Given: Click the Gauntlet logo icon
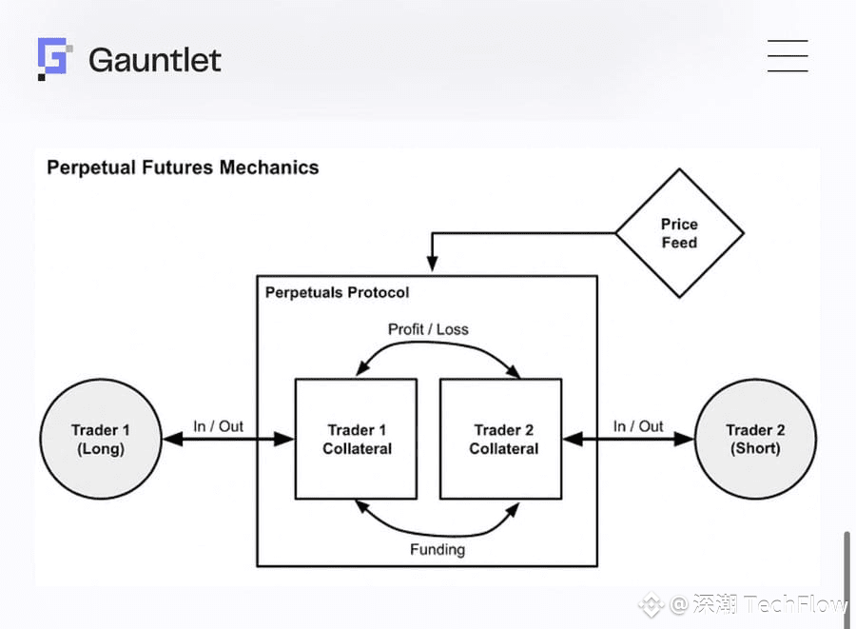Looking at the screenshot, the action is [54, 59].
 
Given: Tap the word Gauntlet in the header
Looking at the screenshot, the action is [155, 60].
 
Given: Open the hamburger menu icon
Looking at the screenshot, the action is [788, 56].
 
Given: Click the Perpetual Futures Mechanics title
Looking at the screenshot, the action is [183, 167].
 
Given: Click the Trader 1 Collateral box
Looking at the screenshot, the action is [357, 439].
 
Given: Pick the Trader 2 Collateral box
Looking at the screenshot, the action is [501, 439].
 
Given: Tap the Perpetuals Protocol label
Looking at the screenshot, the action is [337, 293].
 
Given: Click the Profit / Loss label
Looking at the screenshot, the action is [428, 329].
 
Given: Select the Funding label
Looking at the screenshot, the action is [438, 549].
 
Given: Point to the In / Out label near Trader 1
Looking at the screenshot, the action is [219, 426].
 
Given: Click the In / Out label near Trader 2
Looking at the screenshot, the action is [638, 426].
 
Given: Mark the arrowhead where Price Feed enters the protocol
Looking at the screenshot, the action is [433, 264].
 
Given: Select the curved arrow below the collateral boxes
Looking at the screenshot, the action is [437, 534].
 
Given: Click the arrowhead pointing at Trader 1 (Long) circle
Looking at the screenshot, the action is [173, 439].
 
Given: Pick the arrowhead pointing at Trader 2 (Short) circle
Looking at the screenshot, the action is [684, 439].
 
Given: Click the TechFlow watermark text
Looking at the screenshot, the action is [795, 605].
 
